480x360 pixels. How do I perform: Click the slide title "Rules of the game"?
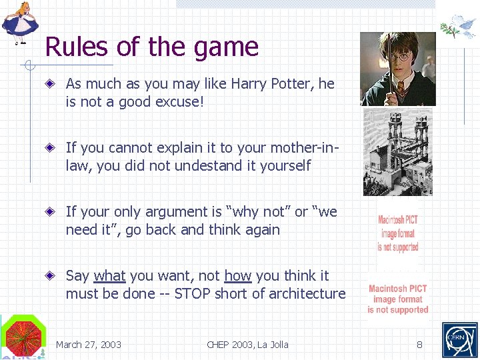coord(151,47)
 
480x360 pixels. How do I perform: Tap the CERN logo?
coord(460,340)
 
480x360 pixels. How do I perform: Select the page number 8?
coord(420,345)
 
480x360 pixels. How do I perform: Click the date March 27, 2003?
coord(89,345)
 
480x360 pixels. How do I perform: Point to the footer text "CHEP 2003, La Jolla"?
coord(247,345)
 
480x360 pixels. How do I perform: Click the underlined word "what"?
coord(109,275)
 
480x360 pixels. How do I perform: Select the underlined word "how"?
coord(237,275)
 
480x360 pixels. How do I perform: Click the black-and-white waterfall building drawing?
coord(398,152)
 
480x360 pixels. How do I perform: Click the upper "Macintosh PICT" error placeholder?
coord(398,233)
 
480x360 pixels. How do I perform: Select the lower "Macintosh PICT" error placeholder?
coord(398,299)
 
